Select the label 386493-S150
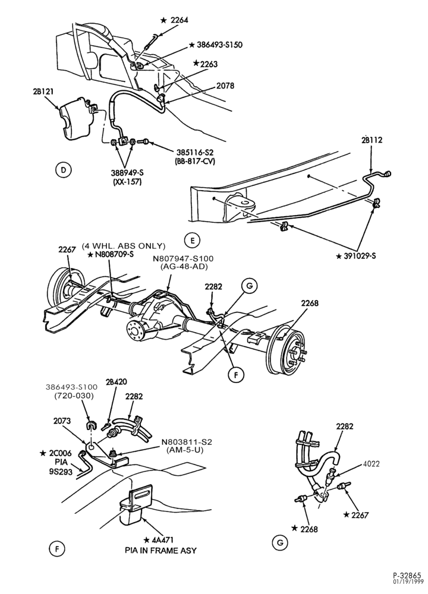219,45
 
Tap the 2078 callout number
225,86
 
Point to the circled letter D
64,170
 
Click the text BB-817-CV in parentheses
195,160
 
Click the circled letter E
192,240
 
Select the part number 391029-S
360,256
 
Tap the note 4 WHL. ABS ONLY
124,245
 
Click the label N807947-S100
183,258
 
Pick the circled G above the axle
249,286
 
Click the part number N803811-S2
187,442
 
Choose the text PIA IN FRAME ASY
160,550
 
